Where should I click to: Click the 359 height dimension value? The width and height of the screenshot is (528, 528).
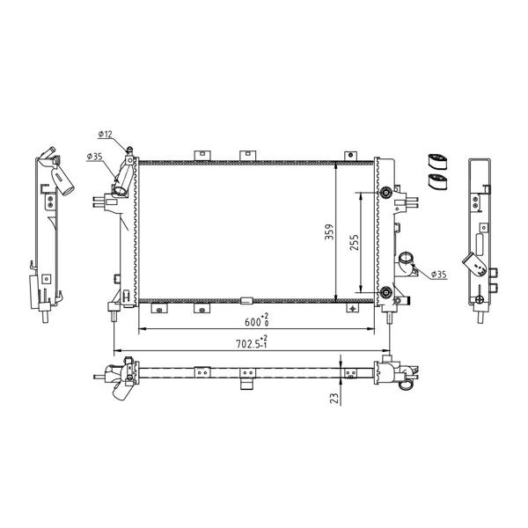(x=329, y=232)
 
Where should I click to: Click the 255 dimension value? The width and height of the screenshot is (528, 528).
(x=355, y=243)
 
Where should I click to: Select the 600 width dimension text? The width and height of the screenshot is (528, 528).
(x=256, y=321)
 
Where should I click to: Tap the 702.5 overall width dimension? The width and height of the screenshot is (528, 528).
(x=252, y=343)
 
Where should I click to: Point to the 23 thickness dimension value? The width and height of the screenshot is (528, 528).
(x=334, y=399)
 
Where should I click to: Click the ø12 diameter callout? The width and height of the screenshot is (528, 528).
(x=105, y=134)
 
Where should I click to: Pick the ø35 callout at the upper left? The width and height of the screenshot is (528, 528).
(x=94, y=157)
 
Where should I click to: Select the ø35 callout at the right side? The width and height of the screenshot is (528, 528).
(x=438, y=275)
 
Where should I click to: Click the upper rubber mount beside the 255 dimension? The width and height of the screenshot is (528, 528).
(x=386, y=194)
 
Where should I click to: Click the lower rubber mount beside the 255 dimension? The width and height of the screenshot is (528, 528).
(x=386, y=292)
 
